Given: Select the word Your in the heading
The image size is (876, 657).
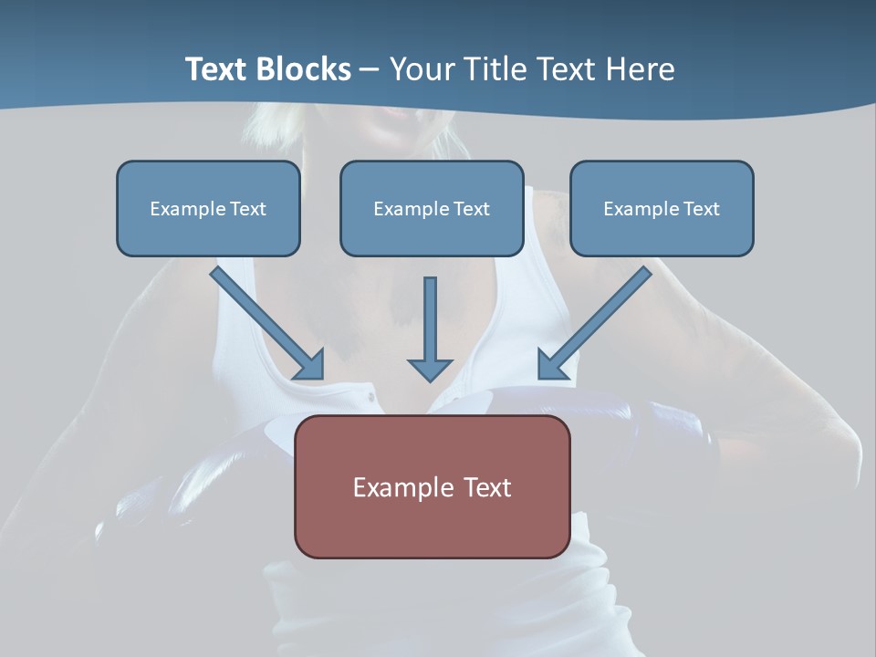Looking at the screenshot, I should point(422,69).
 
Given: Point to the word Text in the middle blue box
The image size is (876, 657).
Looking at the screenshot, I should point(471,209).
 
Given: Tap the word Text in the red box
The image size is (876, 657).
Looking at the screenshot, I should point(488,487).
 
